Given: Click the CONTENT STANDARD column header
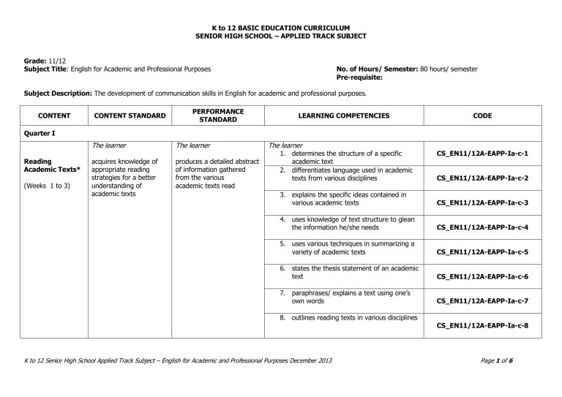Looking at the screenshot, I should (129, 115).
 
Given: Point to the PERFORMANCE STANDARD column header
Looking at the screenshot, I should (216, 115).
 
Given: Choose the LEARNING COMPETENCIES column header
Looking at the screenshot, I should (342, 115).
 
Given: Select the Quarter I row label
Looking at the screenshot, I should (38, 133).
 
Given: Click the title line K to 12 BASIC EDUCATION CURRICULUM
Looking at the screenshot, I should (281, 27).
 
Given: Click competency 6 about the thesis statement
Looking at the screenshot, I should (342, 273).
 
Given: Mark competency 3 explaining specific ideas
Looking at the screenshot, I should (342, 199).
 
